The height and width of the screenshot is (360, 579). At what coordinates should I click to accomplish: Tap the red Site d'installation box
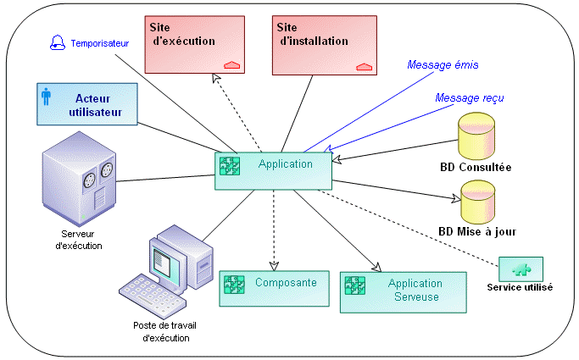[x=323, y=43]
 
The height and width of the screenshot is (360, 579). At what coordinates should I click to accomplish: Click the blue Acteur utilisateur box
[x=87, y=105]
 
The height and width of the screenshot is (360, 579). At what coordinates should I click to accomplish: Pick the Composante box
[x=273, y=289]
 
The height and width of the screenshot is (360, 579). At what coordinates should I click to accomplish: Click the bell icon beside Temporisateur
[x=58, y=42]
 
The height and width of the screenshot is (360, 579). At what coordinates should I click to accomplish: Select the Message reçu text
[x=470, y=98]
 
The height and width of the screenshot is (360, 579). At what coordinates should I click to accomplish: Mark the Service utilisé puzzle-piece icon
[x=521, y=269]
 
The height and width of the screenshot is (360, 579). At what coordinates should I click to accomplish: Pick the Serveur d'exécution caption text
[x=82, y=240]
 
